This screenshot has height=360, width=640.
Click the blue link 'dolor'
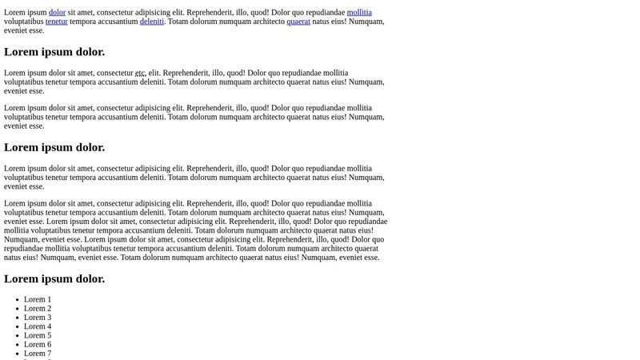pos(57,13)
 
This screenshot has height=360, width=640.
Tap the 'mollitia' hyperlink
pos(359,13)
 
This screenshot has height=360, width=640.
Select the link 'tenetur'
pos(56,22)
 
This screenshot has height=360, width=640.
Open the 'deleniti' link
pos(152,22)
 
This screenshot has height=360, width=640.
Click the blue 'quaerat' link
pos(298,22)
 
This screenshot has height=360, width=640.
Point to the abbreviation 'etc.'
pos(140,73)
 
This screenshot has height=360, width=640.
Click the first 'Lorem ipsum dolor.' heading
pos(54,52)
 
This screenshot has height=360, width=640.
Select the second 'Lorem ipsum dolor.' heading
pos(54,147)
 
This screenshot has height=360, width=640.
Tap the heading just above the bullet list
pos(54,278)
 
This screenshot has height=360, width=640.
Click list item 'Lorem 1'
pos(38,299)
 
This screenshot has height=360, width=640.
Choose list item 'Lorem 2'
pos(38,309)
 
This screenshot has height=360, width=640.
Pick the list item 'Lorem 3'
pos(38,318)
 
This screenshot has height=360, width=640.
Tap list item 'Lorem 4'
pos(38,326)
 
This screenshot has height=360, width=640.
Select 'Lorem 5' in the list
pos(38,335)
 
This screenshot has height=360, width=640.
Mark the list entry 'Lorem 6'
pos(38,345)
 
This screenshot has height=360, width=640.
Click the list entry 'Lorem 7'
pos(38,354)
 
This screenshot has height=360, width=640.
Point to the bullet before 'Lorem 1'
pos(17,300)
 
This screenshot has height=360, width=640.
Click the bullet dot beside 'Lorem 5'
pos(17,336)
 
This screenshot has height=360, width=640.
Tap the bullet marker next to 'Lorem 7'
pos(17,354)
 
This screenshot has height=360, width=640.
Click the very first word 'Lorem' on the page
pos(14,13)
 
